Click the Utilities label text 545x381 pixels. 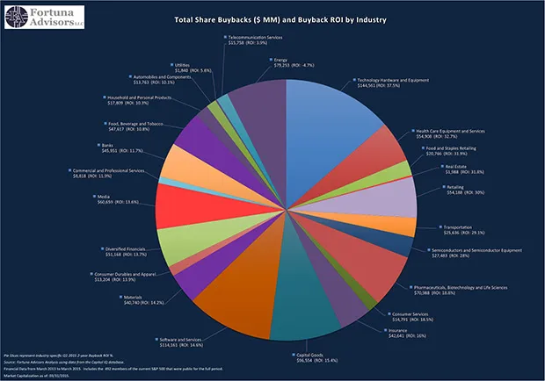point(188,68)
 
